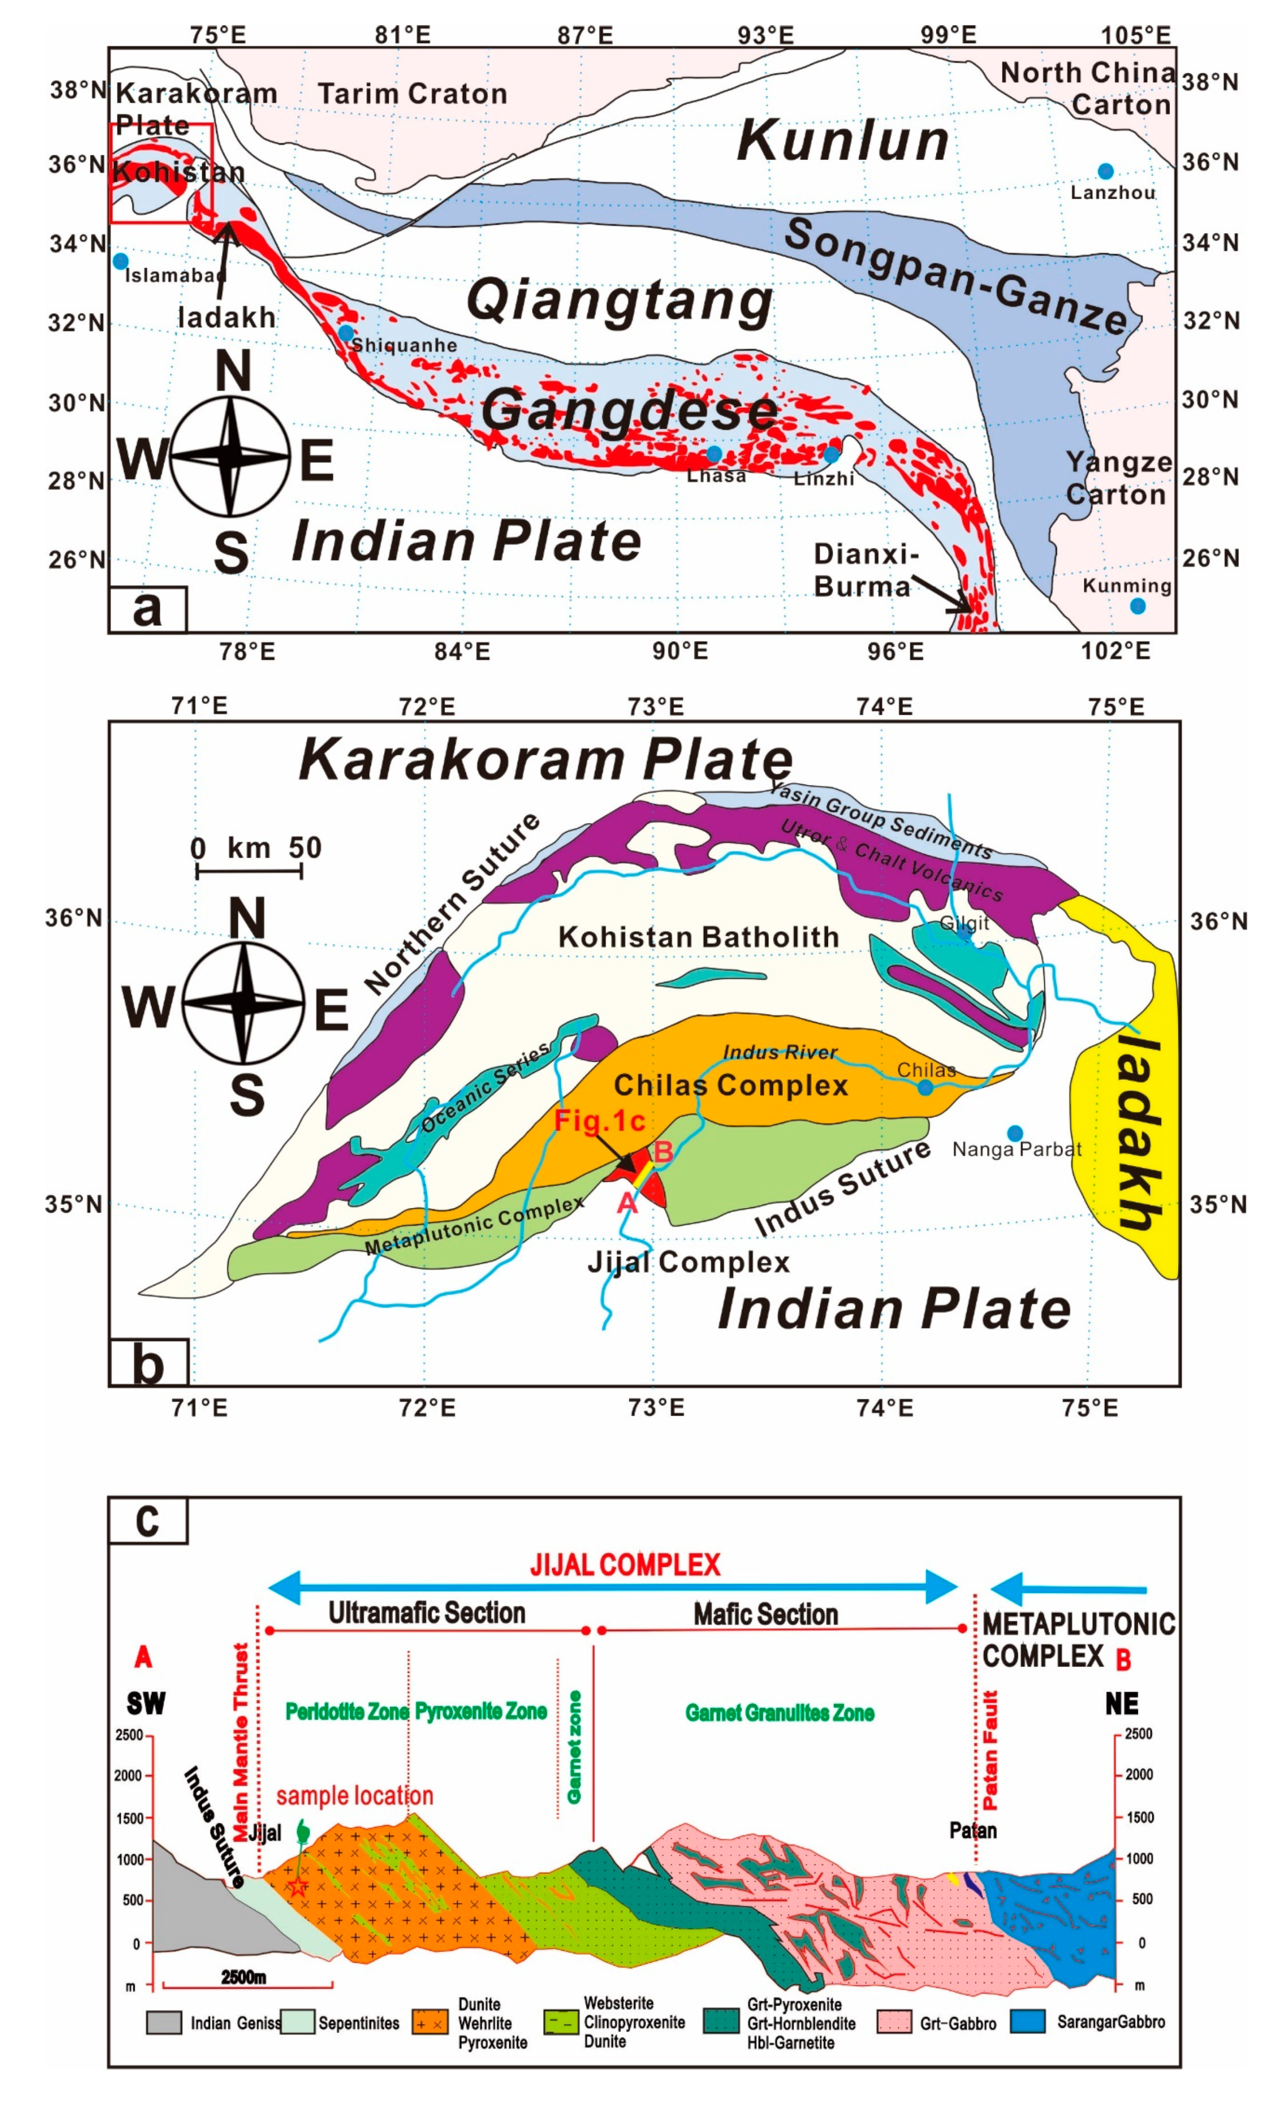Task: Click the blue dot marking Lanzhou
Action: [x=1105, y=171]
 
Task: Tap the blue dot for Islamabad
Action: [x=121, y=261]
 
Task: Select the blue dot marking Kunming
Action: [x=1137, y=606]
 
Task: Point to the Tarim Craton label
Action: [x=413, y=93]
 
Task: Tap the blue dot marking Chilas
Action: [x=925, y=1088]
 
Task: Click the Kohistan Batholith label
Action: [x=698, y=937]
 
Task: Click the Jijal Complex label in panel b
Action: [x=688, y=1262]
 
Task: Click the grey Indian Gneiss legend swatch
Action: [x=164, y=2022]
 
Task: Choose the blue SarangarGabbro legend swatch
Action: [x=1027, y=2021]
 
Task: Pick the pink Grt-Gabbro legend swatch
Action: [x=894, y=2022]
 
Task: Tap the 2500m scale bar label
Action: [x=243, y=1977]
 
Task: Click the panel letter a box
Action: [x=148, y=609]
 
